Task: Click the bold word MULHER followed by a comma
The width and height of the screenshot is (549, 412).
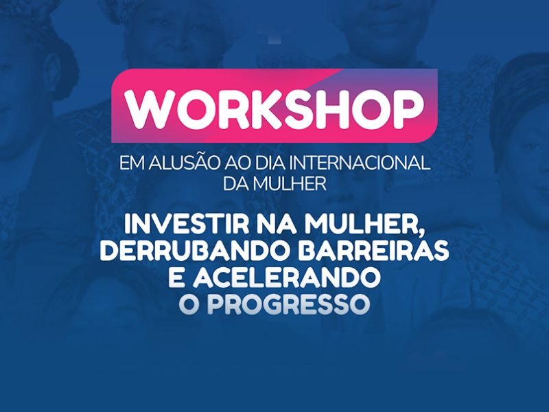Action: [x=369, y=225]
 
